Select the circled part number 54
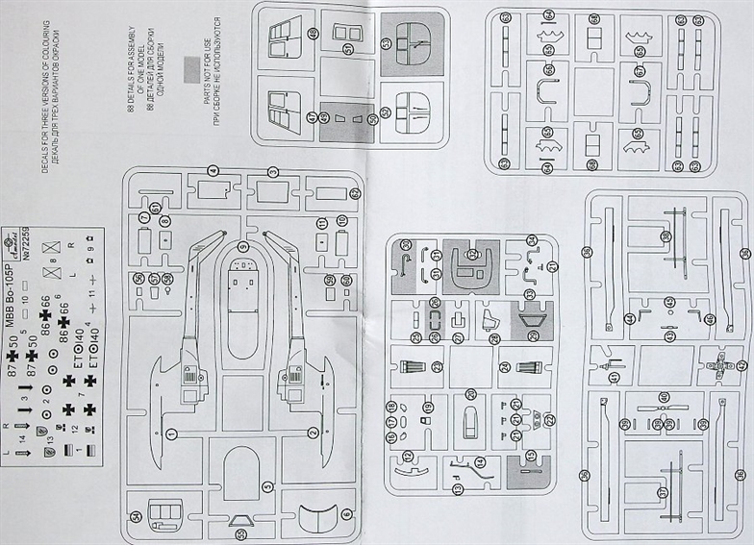(138, 518)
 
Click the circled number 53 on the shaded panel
(387, 43)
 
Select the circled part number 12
(408, 456)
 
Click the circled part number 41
(615, 377)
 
